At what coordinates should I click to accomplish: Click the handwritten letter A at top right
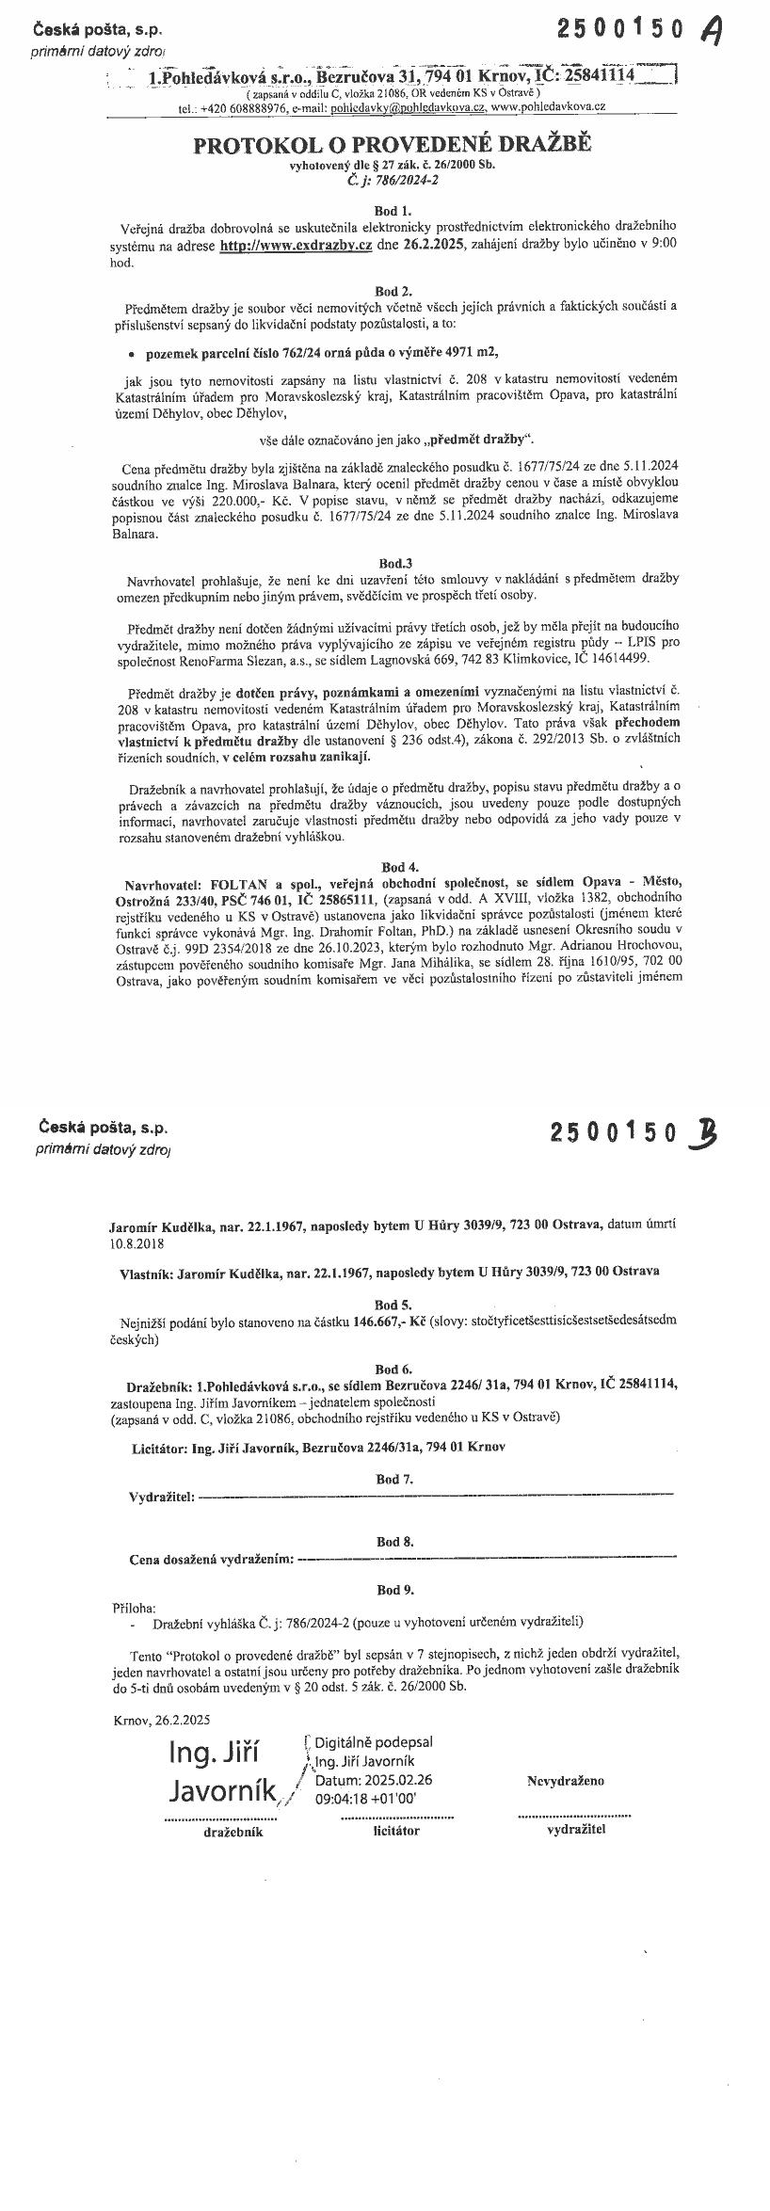click(713, 32)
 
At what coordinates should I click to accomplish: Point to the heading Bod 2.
click(393, 293)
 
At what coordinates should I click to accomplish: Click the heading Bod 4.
click(393, 866)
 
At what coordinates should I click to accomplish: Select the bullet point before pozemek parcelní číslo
click(130, 354)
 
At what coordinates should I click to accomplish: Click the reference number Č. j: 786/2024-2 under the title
click(393, 179)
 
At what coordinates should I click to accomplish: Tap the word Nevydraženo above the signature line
click(565, 1781)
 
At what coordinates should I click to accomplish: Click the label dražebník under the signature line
click(233, 1832)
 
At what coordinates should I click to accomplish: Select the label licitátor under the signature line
click(396, 1831)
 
